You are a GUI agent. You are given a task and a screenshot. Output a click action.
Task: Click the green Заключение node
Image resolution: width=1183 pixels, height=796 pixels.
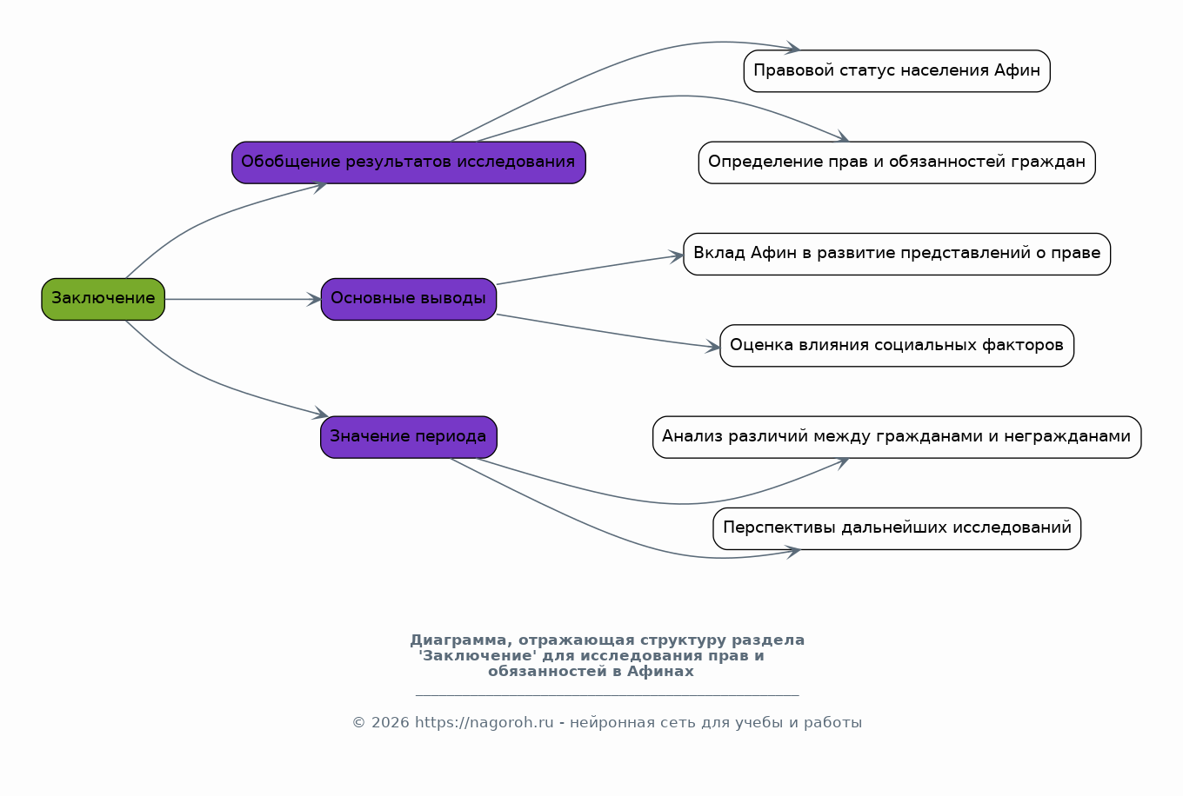pos(103,299)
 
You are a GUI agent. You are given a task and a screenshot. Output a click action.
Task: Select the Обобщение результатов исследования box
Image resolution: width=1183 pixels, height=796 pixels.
pos(408,163)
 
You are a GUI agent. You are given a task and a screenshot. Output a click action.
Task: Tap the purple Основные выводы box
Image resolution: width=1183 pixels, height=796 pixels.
pos(408,299)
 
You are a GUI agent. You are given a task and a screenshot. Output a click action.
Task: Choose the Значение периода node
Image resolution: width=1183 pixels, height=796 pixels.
pos(408,437)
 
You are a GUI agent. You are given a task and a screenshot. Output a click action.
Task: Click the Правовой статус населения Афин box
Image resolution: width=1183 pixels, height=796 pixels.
pos(897,71)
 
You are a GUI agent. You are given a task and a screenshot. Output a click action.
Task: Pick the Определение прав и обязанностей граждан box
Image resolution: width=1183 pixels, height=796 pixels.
pos(897,163)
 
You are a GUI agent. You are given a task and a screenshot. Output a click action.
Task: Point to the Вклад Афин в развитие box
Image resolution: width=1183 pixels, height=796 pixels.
pos(897,254)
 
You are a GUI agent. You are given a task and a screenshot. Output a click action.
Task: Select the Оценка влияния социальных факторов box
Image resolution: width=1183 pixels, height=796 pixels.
pos(897,346)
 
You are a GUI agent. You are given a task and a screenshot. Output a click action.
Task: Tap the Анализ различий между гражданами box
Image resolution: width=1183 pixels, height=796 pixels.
pos(897,437)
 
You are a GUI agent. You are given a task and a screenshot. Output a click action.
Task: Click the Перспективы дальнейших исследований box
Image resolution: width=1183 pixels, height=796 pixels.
pos(897,528)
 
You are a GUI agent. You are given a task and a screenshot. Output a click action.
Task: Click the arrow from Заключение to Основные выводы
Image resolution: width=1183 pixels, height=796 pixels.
pos(243,299)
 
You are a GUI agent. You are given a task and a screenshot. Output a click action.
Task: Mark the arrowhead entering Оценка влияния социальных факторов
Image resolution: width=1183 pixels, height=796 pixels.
pos(713,347)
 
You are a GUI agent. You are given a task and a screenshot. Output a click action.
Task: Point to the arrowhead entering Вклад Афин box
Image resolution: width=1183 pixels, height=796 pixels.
pos(677,256)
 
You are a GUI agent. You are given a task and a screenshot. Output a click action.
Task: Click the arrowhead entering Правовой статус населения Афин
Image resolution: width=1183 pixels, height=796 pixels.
pos(792,48)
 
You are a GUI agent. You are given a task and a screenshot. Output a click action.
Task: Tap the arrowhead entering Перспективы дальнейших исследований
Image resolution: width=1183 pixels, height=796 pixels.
pos(793,552)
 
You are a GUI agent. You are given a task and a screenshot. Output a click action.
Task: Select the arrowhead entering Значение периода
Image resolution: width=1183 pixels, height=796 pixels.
pos(321,414)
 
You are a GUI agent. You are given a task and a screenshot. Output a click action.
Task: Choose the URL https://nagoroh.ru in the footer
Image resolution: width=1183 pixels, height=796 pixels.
pos(485,722)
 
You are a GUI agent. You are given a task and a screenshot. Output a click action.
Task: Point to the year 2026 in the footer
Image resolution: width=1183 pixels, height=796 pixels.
pos(391,723)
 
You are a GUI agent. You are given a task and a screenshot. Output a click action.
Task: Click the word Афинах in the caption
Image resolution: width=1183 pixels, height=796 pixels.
pos(660,672)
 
